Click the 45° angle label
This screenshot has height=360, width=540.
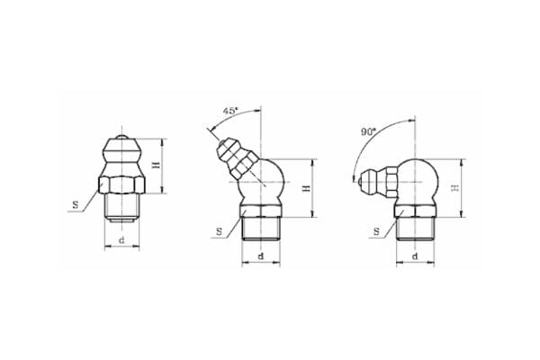point(229,111)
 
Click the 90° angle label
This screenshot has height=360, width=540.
point(367,131)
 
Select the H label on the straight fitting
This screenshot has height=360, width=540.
point(156,166)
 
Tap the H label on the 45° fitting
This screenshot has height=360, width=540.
point(307,188)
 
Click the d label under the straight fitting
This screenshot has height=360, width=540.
point(121,240)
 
